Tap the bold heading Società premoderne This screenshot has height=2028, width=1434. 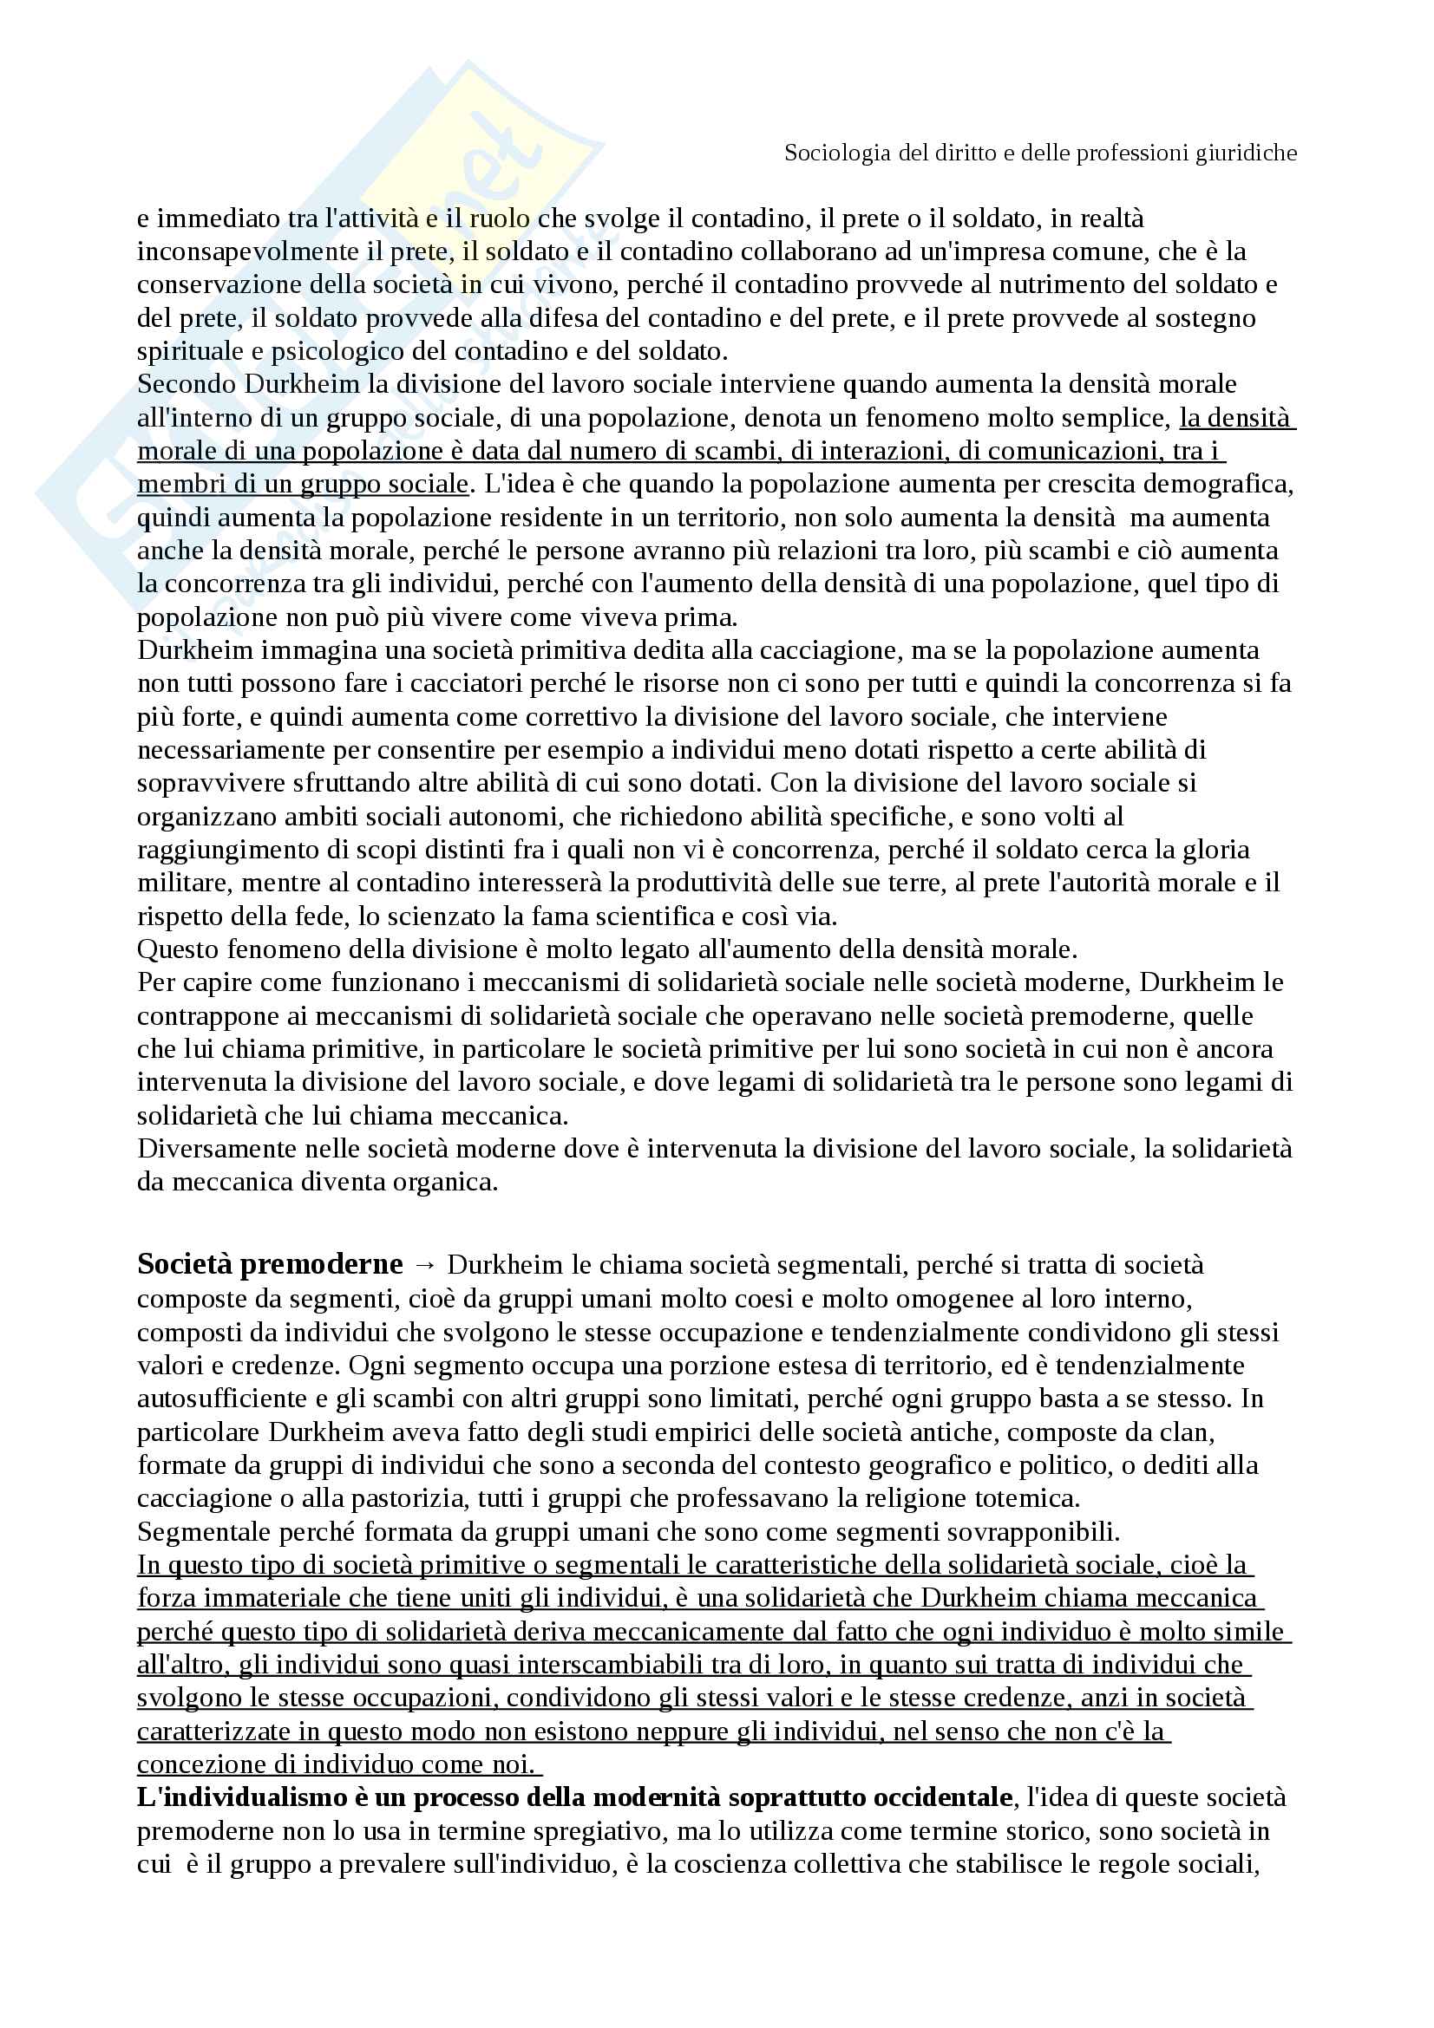[x=270, y=1265]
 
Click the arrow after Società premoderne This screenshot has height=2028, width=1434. [x=424, y=1266]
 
